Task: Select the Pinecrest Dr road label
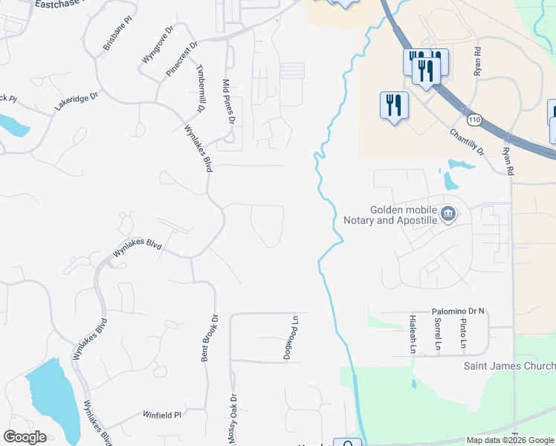[182, 58]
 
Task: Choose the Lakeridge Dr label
[76, 102]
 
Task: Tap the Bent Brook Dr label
[210, 337]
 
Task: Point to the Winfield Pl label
[163, 416]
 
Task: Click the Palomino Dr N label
[458, 311]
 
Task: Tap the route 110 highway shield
[473, 119]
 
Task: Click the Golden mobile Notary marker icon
[447, 215]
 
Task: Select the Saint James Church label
[509, 366]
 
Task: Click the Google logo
[25, 437]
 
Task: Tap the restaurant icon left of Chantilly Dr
[393, 106]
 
